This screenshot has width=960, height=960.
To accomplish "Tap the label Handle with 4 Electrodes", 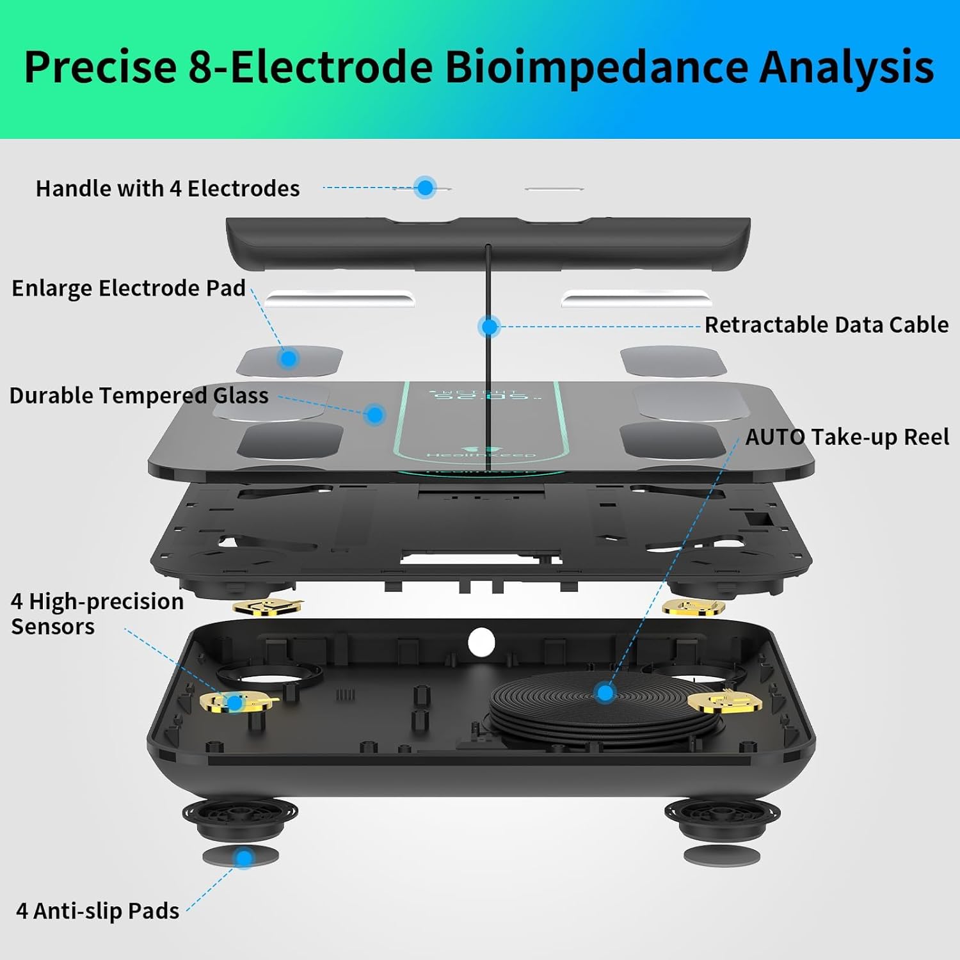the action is [x=168, y=188].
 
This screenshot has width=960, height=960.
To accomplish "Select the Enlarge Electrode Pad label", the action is [x=129, y=288].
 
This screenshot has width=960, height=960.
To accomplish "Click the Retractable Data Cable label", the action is [x=826, y=324].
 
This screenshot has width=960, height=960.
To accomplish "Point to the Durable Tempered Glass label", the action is [x=139, y=396].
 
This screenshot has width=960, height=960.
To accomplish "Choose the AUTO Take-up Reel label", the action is [x=847, y=437].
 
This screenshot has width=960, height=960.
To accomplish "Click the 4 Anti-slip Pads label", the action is [x=97, y=911].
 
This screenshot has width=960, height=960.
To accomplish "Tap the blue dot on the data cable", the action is [x=490, y=327].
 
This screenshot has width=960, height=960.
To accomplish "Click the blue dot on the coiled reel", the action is [x=605, y=692].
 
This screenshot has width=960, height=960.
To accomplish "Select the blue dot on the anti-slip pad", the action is [x=244, y=858].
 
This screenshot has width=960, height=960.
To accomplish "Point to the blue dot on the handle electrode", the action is [x=425, y=188].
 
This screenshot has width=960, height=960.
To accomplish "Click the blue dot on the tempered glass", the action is [x=376, y=415].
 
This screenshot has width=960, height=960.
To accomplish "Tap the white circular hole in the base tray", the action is [x=481, y=642].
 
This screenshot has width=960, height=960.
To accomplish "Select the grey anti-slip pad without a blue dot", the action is [x=722, y=855].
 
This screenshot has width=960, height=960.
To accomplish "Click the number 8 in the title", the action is [x=200, y=67].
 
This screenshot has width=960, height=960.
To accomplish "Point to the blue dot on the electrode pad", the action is [x=289, y=358].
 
